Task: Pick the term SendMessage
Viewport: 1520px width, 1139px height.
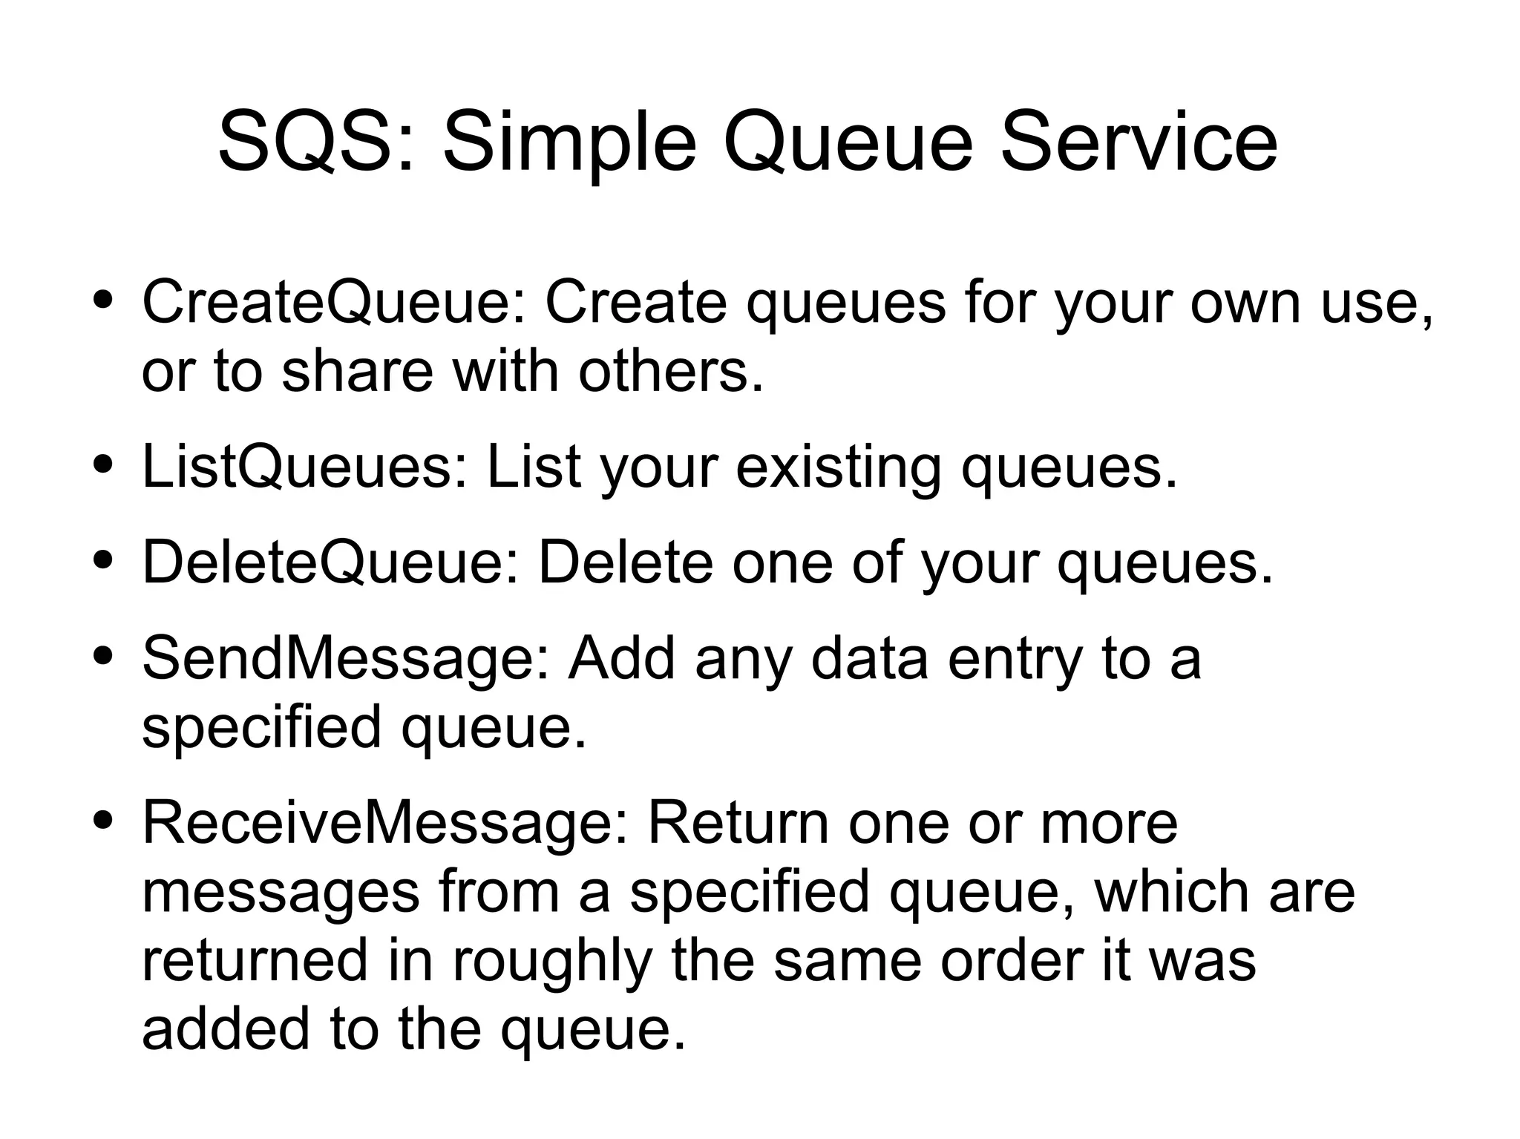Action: click(x=338, y=659)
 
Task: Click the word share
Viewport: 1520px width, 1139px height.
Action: click(x=357, y=371)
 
